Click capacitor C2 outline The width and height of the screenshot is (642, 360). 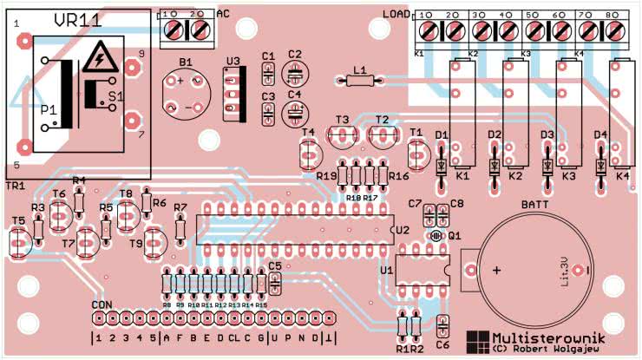295,71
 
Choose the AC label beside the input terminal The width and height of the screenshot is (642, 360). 223,13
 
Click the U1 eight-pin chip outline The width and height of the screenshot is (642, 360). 422,271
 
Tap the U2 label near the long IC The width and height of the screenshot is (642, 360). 401,231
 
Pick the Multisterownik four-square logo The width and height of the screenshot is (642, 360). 477,341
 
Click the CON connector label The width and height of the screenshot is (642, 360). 102,305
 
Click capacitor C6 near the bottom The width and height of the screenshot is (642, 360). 443,326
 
